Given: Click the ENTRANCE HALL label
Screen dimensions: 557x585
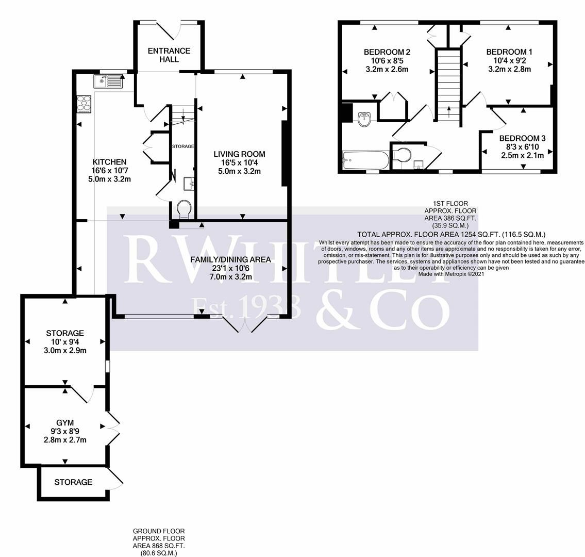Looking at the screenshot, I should [169, 55].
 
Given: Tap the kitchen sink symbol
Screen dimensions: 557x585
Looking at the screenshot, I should [108, 81].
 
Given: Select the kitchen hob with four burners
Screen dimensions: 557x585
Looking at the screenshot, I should [84, 104].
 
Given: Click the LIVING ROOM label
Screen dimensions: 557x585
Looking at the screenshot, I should [240, 154].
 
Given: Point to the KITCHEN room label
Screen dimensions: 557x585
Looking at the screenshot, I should [109, 161].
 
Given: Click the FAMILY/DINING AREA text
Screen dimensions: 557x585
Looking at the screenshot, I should [230, 259].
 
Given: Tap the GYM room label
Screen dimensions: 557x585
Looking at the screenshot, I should [64, 423].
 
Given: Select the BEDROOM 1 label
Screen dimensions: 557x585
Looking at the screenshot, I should [509, 52].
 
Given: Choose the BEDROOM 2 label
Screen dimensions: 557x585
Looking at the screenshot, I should [387, 52].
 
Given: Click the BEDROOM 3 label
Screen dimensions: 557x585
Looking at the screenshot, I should [522, 138].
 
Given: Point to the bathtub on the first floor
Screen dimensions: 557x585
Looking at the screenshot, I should [365, 160].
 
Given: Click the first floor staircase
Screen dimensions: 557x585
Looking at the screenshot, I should [448, 85].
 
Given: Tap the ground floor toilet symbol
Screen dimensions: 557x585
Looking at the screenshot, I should [184, 209].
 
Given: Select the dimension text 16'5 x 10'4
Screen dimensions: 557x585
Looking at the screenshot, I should [240, 162].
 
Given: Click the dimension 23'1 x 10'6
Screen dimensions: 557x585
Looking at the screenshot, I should [230, 268].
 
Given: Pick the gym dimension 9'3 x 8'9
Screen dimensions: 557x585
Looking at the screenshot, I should [64, 432].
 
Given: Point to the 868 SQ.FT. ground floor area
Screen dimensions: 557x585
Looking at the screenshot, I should [159, 546].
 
